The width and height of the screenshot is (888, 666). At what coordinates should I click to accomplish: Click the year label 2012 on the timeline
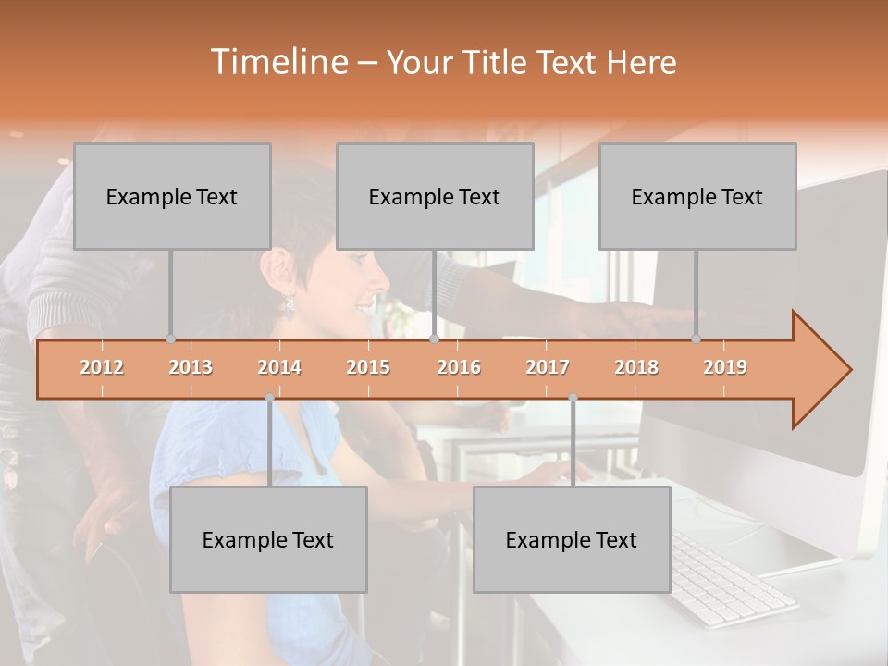[102, 367]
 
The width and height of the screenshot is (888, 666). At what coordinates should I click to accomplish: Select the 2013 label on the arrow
[191, 367]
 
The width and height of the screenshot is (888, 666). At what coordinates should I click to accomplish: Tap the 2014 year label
[279, 367]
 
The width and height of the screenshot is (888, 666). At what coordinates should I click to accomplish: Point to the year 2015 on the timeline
[368, 367]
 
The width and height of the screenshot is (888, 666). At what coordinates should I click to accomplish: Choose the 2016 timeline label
[459, 367]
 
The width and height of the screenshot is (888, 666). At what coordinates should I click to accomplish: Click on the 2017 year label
[548, 367]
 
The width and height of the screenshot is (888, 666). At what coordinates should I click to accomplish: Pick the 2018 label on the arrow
[636, 367]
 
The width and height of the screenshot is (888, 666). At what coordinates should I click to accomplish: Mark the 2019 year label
[725, 367]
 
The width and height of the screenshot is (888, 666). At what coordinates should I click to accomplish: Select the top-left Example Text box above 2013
[172, 196]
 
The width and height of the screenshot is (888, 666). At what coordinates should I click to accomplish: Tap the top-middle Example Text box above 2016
[435, 196]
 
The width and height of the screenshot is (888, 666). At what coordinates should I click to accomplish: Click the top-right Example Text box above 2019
[697, 196]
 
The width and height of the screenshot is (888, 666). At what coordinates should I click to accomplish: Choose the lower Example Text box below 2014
[268, 539]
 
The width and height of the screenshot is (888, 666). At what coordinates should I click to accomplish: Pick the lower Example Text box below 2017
[572, 539]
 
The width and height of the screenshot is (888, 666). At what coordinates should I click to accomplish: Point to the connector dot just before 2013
[170, 339]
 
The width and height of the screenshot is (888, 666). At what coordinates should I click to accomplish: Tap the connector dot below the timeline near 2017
[573, 398]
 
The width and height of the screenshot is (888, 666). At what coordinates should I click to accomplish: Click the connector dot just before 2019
[696, 339]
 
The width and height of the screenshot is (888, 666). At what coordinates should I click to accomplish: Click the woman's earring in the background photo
[290, 302]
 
